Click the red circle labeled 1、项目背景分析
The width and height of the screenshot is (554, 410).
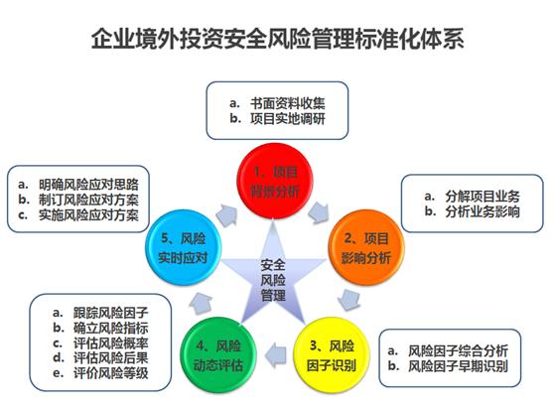[x=275, y=181]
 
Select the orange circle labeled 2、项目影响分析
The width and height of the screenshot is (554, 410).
[x=366, y=247]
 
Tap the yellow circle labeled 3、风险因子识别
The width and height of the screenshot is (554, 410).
[x=332, y=355]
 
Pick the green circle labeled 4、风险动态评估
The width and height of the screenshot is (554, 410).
[x=218, y=355]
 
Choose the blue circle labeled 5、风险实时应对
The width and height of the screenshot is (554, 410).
[x=184, y=247]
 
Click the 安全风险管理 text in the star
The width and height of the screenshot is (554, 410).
[x=273, y=280]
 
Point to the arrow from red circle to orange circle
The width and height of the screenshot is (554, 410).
[x=319, y=213]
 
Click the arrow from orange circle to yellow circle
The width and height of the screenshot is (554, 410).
[x=349, y=300]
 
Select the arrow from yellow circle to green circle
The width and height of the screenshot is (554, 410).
[x=276, y=355]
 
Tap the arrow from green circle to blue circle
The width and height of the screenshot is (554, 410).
[x=201, y=303]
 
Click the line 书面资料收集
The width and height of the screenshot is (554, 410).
[x=288, y=103]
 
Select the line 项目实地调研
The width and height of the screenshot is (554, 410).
[x=288, y=119]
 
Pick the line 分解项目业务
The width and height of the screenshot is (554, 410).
[x=483, y=197]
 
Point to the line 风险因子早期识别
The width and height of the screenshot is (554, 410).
[x=458, y=366]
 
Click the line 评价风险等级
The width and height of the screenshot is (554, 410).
[x=110, y=373]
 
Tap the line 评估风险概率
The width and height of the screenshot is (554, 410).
[x=110, y=342]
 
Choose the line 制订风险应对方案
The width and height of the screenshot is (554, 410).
[x=88, y=200]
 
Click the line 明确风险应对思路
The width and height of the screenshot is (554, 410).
[x=88, y=185]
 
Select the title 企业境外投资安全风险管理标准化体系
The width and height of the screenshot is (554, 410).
[x=277, y=38]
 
